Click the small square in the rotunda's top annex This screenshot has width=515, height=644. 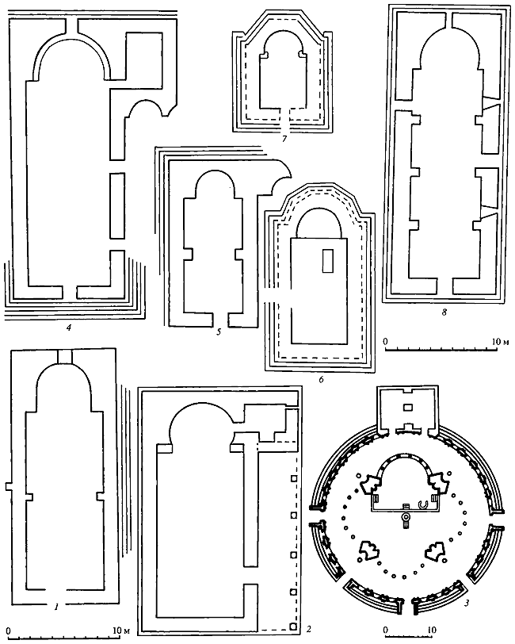coord(406,407)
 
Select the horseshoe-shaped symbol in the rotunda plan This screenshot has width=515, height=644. coord(423,504)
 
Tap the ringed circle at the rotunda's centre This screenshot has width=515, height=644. coord(406,517)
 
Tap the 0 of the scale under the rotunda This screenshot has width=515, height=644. coord(386,631)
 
